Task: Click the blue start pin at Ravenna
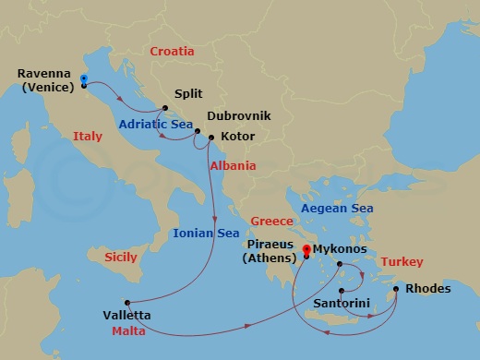coord(83,79)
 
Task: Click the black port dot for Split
coord(165,107)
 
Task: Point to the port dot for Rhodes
coord(397,290)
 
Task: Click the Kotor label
coord(237,137)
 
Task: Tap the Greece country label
coord(271,221)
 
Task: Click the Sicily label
coord(121,256)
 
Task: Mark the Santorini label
coord(343,302)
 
